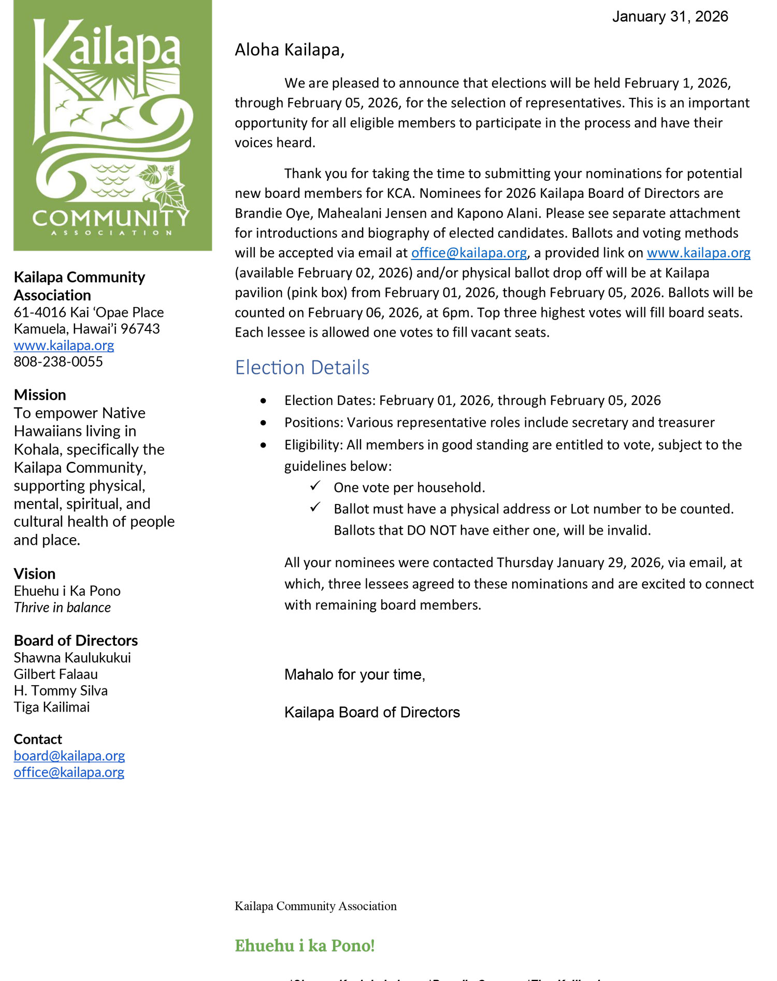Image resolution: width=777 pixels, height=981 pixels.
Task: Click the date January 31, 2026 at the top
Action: pyautogui.click(x=670, y=17)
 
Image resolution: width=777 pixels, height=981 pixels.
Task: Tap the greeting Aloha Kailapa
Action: pyautogui.click(x=289, y=50)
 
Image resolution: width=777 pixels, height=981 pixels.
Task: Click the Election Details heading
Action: pyautogui.click(x=302, y=367)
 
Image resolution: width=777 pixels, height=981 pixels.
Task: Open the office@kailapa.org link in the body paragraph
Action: pyautogui.click(x=469, y=253)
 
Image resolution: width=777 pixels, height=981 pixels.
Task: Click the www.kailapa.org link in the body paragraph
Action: pyautogui.click(x=698, y=253)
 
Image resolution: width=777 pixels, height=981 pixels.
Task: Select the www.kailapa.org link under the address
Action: pyautogui.click(x=64, y=345)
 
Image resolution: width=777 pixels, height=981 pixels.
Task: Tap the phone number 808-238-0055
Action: pyautogui.click(x=59, y=362)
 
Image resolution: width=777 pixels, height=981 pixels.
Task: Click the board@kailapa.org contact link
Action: pyautogui.click(x=69, y=756)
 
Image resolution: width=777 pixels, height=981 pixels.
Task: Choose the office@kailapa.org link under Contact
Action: pyautogui.click(x=69, y=772)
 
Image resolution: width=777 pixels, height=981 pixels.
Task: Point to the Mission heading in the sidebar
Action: pyautogui.click(x=40, y=395)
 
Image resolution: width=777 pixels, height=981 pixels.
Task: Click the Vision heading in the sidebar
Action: pyautogui.click(x=35, y=573)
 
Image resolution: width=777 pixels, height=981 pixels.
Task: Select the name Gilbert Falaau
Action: pyautogui.click(x=56, y=674)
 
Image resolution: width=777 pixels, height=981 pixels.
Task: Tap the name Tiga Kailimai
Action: pyautogui.click(x=52, y=707)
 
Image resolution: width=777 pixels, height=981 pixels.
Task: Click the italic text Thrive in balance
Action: pyautogui.click(x=62, y=608)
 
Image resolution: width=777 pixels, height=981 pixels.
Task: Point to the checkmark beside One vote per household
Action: pyautogui.click(x=315, y=486)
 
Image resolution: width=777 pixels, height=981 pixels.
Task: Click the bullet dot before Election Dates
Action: pyautogui.click(x=264, y=401)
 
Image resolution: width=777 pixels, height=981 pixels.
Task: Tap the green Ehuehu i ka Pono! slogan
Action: pyautogui.click(x=305, y=946)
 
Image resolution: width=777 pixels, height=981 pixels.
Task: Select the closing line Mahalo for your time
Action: pyautogui.click(x=355, y=674)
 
